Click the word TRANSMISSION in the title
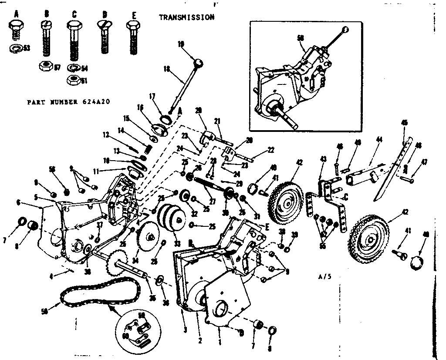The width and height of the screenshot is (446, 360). tap(186, 17)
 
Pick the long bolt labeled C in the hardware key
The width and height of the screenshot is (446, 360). tap(74, 41)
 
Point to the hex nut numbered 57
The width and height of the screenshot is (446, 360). tap(45, 66)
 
